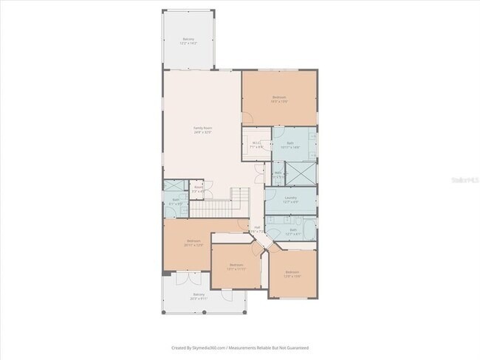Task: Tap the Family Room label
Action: point(202,130)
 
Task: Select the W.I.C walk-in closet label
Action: point(257,145)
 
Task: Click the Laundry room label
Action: point(290,200)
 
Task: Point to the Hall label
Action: point(257,229)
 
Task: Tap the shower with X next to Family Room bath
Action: point(172,187)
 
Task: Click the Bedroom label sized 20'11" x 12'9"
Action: point(194,243)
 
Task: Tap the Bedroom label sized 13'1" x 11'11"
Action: point(236,266)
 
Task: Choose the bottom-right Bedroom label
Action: point(293,274)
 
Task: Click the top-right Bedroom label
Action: point(278,99)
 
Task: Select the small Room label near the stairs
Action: point(198,189)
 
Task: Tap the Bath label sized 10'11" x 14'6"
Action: point(290,145)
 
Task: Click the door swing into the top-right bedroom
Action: point(249,117)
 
